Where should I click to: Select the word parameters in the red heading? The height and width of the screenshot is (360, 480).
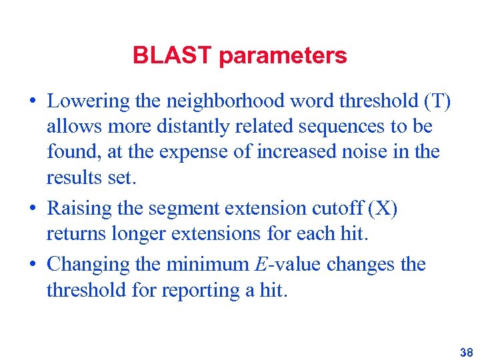pyautogui.click(x=283, y=56)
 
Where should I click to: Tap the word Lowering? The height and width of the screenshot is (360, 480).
pyautogui.click(x=87, y=101)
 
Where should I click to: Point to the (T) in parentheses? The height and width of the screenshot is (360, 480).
pyautogui.click(x=437, y=101)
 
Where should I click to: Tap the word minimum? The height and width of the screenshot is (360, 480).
pyautogui.click(x=206, y=264)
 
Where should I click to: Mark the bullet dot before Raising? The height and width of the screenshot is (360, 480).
pyautogui.click(x=33, y=209)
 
